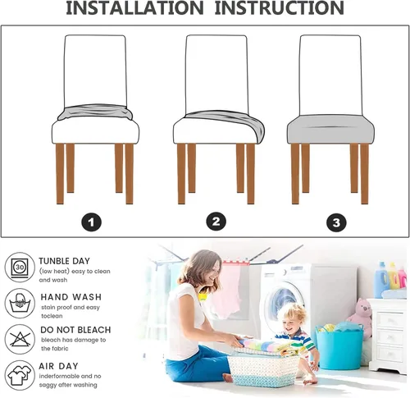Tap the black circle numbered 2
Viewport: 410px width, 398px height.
point(216,221)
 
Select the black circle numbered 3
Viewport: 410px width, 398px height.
point(336,222)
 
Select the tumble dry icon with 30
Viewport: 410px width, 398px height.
point(19,268)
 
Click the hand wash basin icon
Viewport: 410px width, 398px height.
point(19,303)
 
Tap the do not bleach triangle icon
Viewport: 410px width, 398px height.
point(19,336)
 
